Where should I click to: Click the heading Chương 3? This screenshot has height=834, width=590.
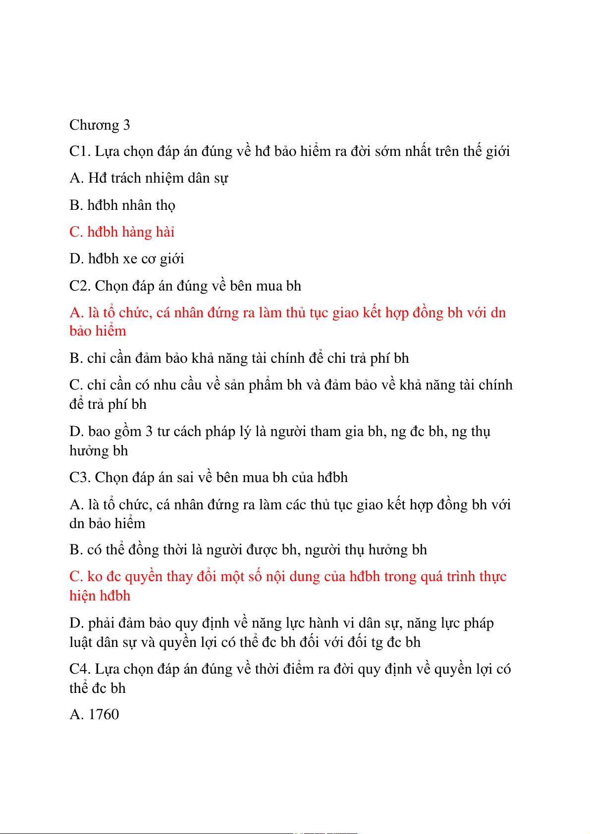coord(100,125)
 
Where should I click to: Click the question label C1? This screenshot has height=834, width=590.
coord(79,151)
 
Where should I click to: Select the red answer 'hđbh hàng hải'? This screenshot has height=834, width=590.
coord(131,232)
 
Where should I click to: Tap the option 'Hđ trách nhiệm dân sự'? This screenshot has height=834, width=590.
coord(158,178)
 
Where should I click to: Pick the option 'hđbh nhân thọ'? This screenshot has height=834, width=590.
coord(131,205)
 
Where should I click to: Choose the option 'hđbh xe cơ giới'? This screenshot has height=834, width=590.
coord(136,259)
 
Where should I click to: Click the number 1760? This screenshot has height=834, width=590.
coord(104,715)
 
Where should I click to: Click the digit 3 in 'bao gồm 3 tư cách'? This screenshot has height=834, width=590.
coord(149,432)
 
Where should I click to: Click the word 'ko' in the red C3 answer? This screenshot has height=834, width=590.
coord(95,577)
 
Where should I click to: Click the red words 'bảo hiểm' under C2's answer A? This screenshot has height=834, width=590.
coord(98,331)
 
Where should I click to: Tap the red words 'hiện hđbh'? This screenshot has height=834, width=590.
coord(100,596)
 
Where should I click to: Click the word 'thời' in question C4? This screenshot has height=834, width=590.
coord(268,669)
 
